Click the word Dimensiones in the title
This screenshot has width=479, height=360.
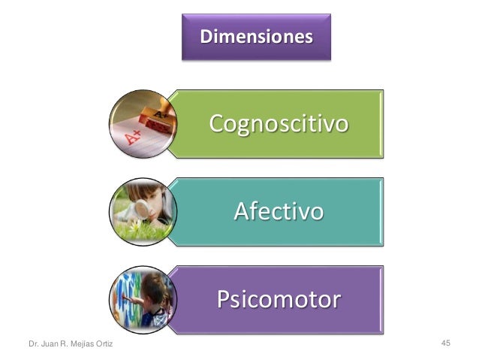click(x=256, y=36)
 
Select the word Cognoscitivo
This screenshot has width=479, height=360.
click(x=278, y=123)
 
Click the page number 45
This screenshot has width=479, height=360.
click(x=445, y=343)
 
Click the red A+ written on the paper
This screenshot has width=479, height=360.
click(x=133, y=138)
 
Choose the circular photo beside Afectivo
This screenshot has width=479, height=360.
click(x=143, y=210)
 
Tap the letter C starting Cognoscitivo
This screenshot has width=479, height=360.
click(x=218, y=123)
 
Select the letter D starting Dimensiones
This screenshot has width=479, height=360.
click(x=204, y=36)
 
